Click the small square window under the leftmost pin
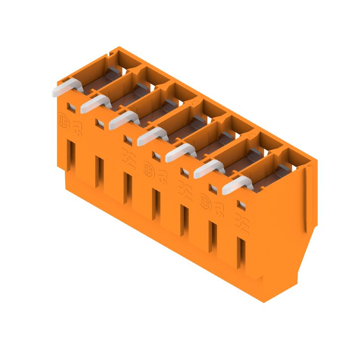[x=71, y=107]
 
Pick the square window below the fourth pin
[x=156, y=156]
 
